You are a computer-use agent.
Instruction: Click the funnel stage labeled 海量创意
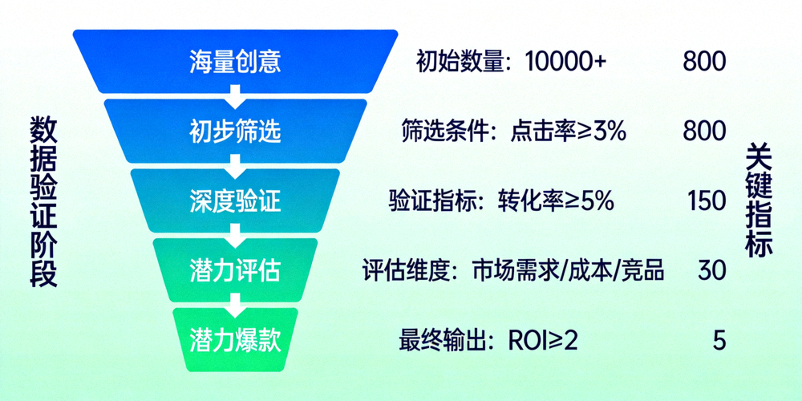tap(235, 62)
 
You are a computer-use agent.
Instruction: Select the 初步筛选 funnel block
tap(235, 131)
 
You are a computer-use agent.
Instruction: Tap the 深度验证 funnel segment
tap(235, 200)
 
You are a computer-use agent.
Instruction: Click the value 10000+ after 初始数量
tap(565, 62)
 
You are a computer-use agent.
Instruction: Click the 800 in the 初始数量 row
tap(704, 62)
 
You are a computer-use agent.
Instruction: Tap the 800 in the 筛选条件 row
tap(704, 132)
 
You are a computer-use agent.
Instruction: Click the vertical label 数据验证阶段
tap(43, 200)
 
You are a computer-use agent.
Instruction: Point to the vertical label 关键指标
tap(758, 200)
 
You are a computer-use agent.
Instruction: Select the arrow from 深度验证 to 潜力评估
tap(235, 236)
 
